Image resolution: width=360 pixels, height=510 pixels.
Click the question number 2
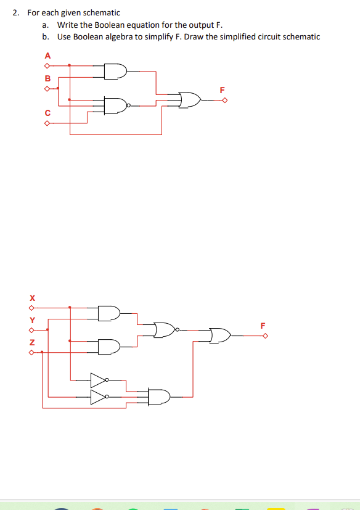15,12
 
